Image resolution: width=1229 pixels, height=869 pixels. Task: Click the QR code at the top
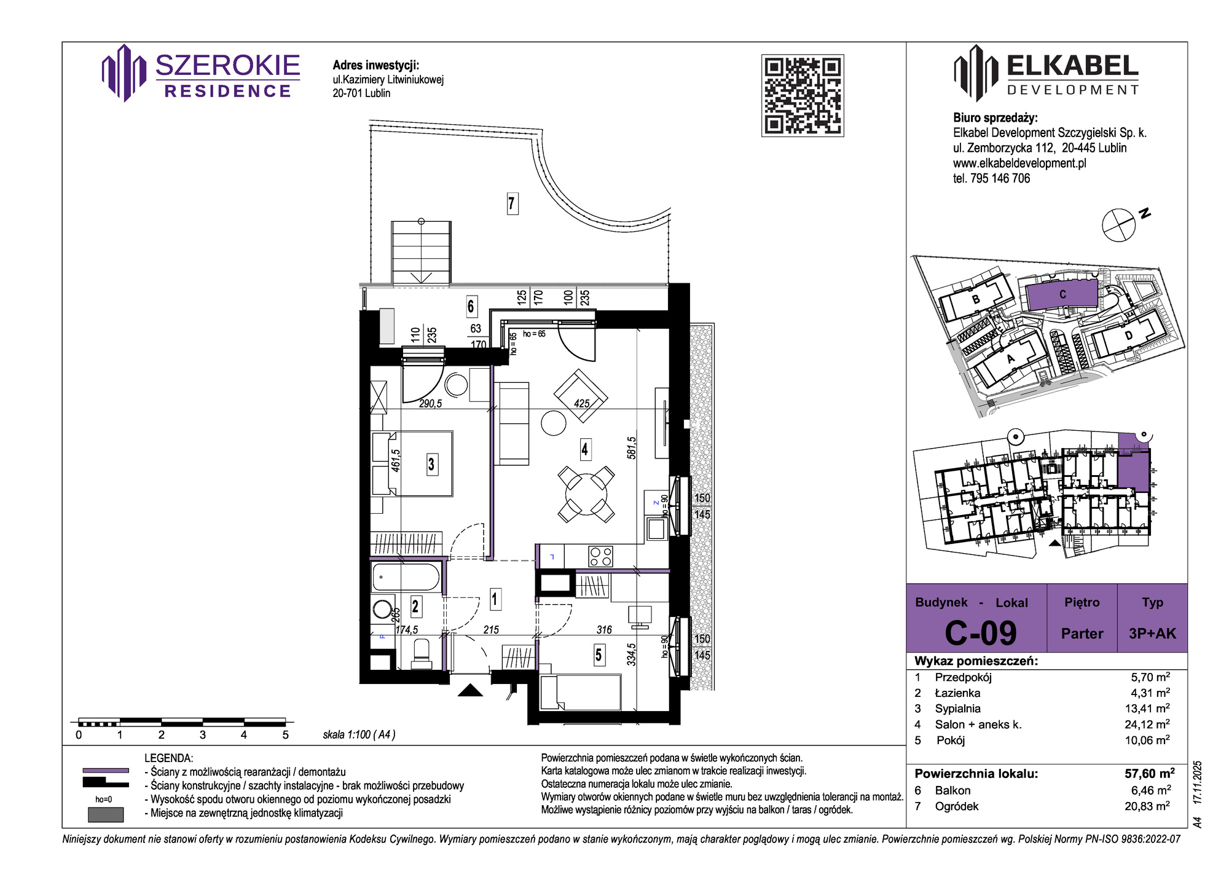tap(803, 95)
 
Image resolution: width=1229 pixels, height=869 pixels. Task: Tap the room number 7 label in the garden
tap(512, 203)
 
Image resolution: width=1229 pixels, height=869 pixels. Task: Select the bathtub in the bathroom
tap(406, 578)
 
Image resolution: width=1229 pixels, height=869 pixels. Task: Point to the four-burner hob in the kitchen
tap(600, 556)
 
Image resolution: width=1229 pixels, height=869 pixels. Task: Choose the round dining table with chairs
tap(586, 494)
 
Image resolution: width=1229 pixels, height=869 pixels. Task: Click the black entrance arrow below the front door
tap(471, 690)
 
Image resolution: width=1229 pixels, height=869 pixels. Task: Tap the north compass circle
tap(1118, 225)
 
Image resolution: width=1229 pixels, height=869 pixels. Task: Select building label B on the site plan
tap(976, 300)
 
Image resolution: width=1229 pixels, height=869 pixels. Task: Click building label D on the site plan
tap(1129, 336)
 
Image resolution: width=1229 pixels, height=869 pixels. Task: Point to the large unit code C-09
tap(981, 633)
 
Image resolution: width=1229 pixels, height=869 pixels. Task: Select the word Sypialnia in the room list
tap(957, 709)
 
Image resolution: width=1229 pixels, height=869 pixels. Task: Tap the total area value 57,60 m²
tap(1150, 773)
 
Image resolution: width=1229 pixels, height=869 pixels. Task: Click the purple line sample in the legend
tap(106, 770)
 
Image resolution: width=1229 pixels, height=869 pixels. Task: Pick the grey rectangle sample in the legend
tap(106, 814)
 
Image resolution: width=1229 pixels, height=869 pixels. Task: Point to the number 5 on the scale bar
tap(285, 735)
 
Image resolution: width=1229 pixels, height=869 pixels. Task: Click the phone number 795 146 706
tap(1000, 178)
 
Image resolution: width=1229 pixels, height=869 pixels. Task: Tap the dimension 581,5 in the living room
tap(632, 448)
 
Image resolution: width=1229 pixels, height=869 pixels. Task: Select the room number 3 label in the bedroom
tap(431, 464)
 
